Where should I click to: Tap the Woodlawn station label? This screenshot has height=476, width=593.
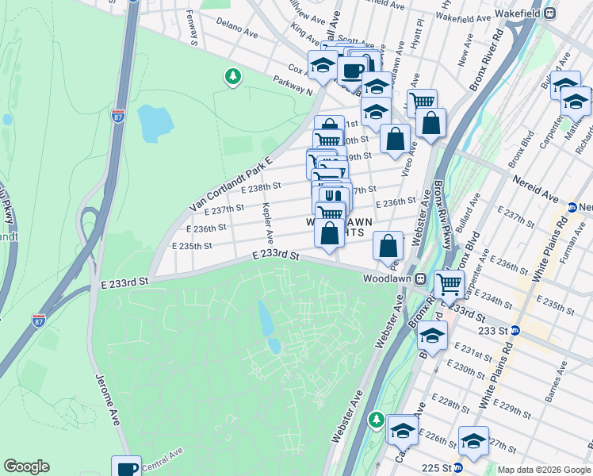pos(387,279)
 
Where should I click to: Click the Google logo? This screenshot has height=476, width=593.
pos(26,466)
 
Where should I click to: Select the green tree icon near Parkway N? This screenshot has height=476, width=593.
pos(232,76)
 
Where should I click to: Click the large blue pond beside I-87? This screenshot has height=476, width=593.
pos(155,123)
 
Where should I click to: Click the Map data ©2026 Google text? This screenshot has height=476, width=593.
pos(544,470)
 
